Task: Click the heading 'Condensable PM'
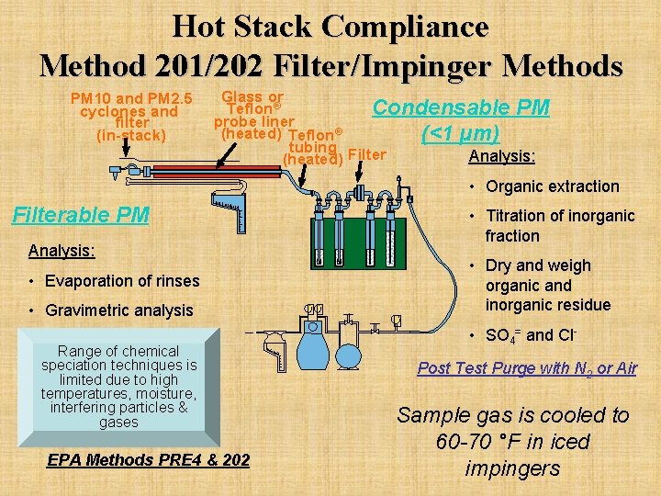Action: pos(460,107)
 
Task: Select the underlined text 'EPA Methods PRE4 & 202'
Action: pos(148,459)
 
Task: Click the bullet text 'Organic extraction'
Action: pos(553,186)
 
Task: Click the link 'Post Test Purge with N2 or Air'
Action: pos(527,368)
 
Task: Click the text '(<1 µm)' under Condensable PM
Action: pos(460,134)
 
